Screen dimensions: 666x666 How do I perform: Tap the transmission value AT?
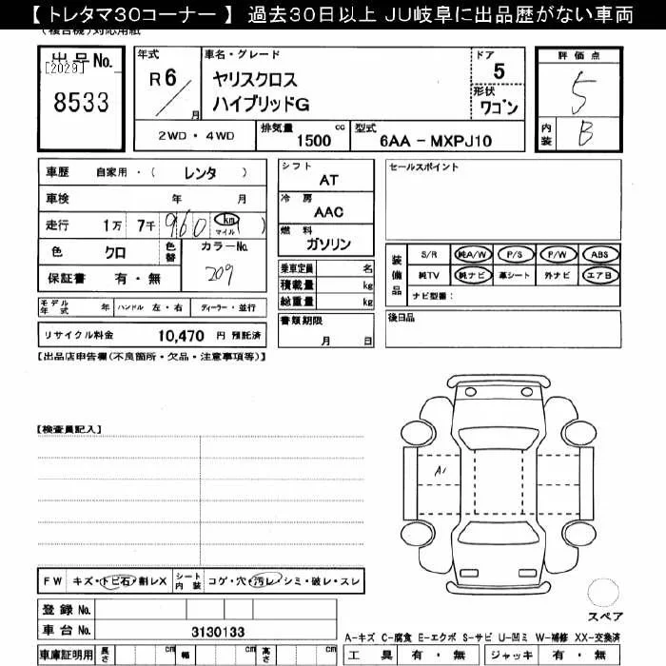point(328,179)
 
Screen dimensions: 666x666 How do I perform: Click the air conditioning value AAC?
point(328,213)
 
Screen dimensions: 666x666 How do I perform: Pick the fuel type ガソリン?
point(329,245)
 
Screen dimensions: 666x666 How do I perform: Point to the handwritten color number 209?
point(222,275)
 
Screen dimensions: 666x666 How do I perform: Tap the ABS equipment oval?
point(600,255)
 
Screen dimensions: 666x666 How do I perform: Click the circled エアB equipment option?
point(600,275)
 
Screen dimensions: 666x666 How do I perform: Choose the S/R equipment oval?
point(429,255)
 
